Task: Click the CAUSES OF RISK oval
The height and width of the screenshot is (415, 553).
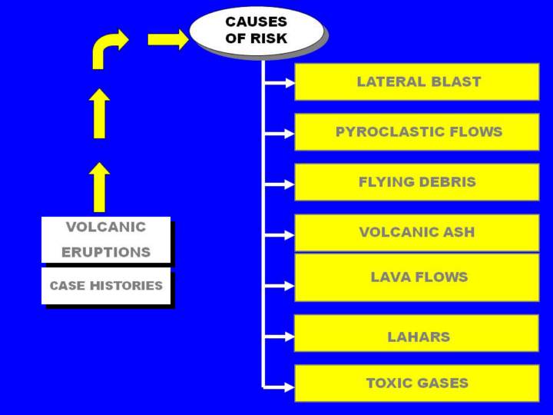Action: [x=257, y=30]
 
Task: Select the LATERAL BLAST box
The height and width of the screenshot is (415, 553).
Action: [x=417, y=81]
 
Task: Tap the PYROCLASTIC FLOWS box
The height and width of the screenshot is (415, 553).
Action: [x=417, y=132]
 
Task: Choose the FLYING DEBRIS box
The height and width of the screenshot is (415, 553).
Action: [x=417, y=182]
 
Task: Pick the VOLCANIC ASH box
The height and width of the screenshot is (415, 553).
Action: [x=417, y=232]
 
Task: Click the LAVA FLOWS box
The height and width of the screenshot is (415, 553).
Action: [x=417, y=277]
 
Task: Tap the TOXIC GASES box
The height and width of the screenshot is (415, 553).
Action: [x=417, y=383]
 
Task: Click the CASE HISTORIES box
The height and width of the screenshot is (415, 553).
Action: [x=106, y=286]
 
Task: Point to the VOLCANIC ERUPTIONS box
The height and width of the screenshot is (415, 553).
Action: [x=106, y=240]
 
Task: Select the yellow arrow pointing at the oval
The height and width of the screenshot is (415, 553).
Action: [x=167, y=39]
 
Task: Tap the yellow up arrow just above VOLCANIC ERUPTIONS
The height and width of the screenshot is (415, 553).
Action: [x=99, y=187]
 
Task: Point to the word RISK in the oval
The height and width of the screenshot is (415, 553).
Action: [x=268, y=38]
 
